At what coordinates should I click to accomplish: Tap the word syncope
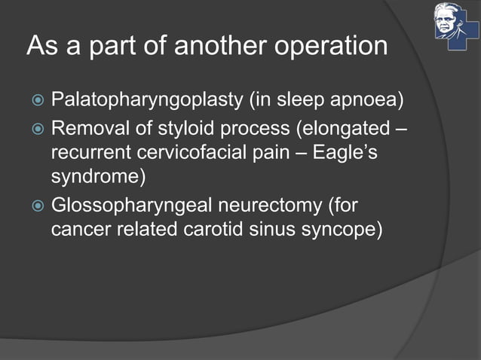[x=339, y=229]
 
